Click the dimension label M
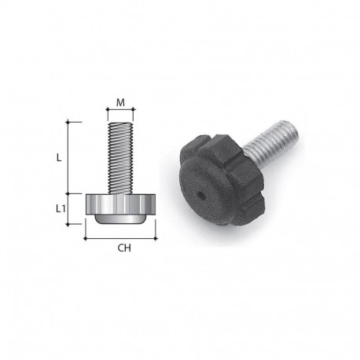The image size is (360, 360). (120, 101)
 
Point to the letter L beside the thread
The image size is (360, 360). (59, 157)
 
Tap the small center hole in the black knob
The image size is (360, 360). (201, 193)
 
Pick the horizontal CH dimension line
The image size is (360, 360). (120, 238)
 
